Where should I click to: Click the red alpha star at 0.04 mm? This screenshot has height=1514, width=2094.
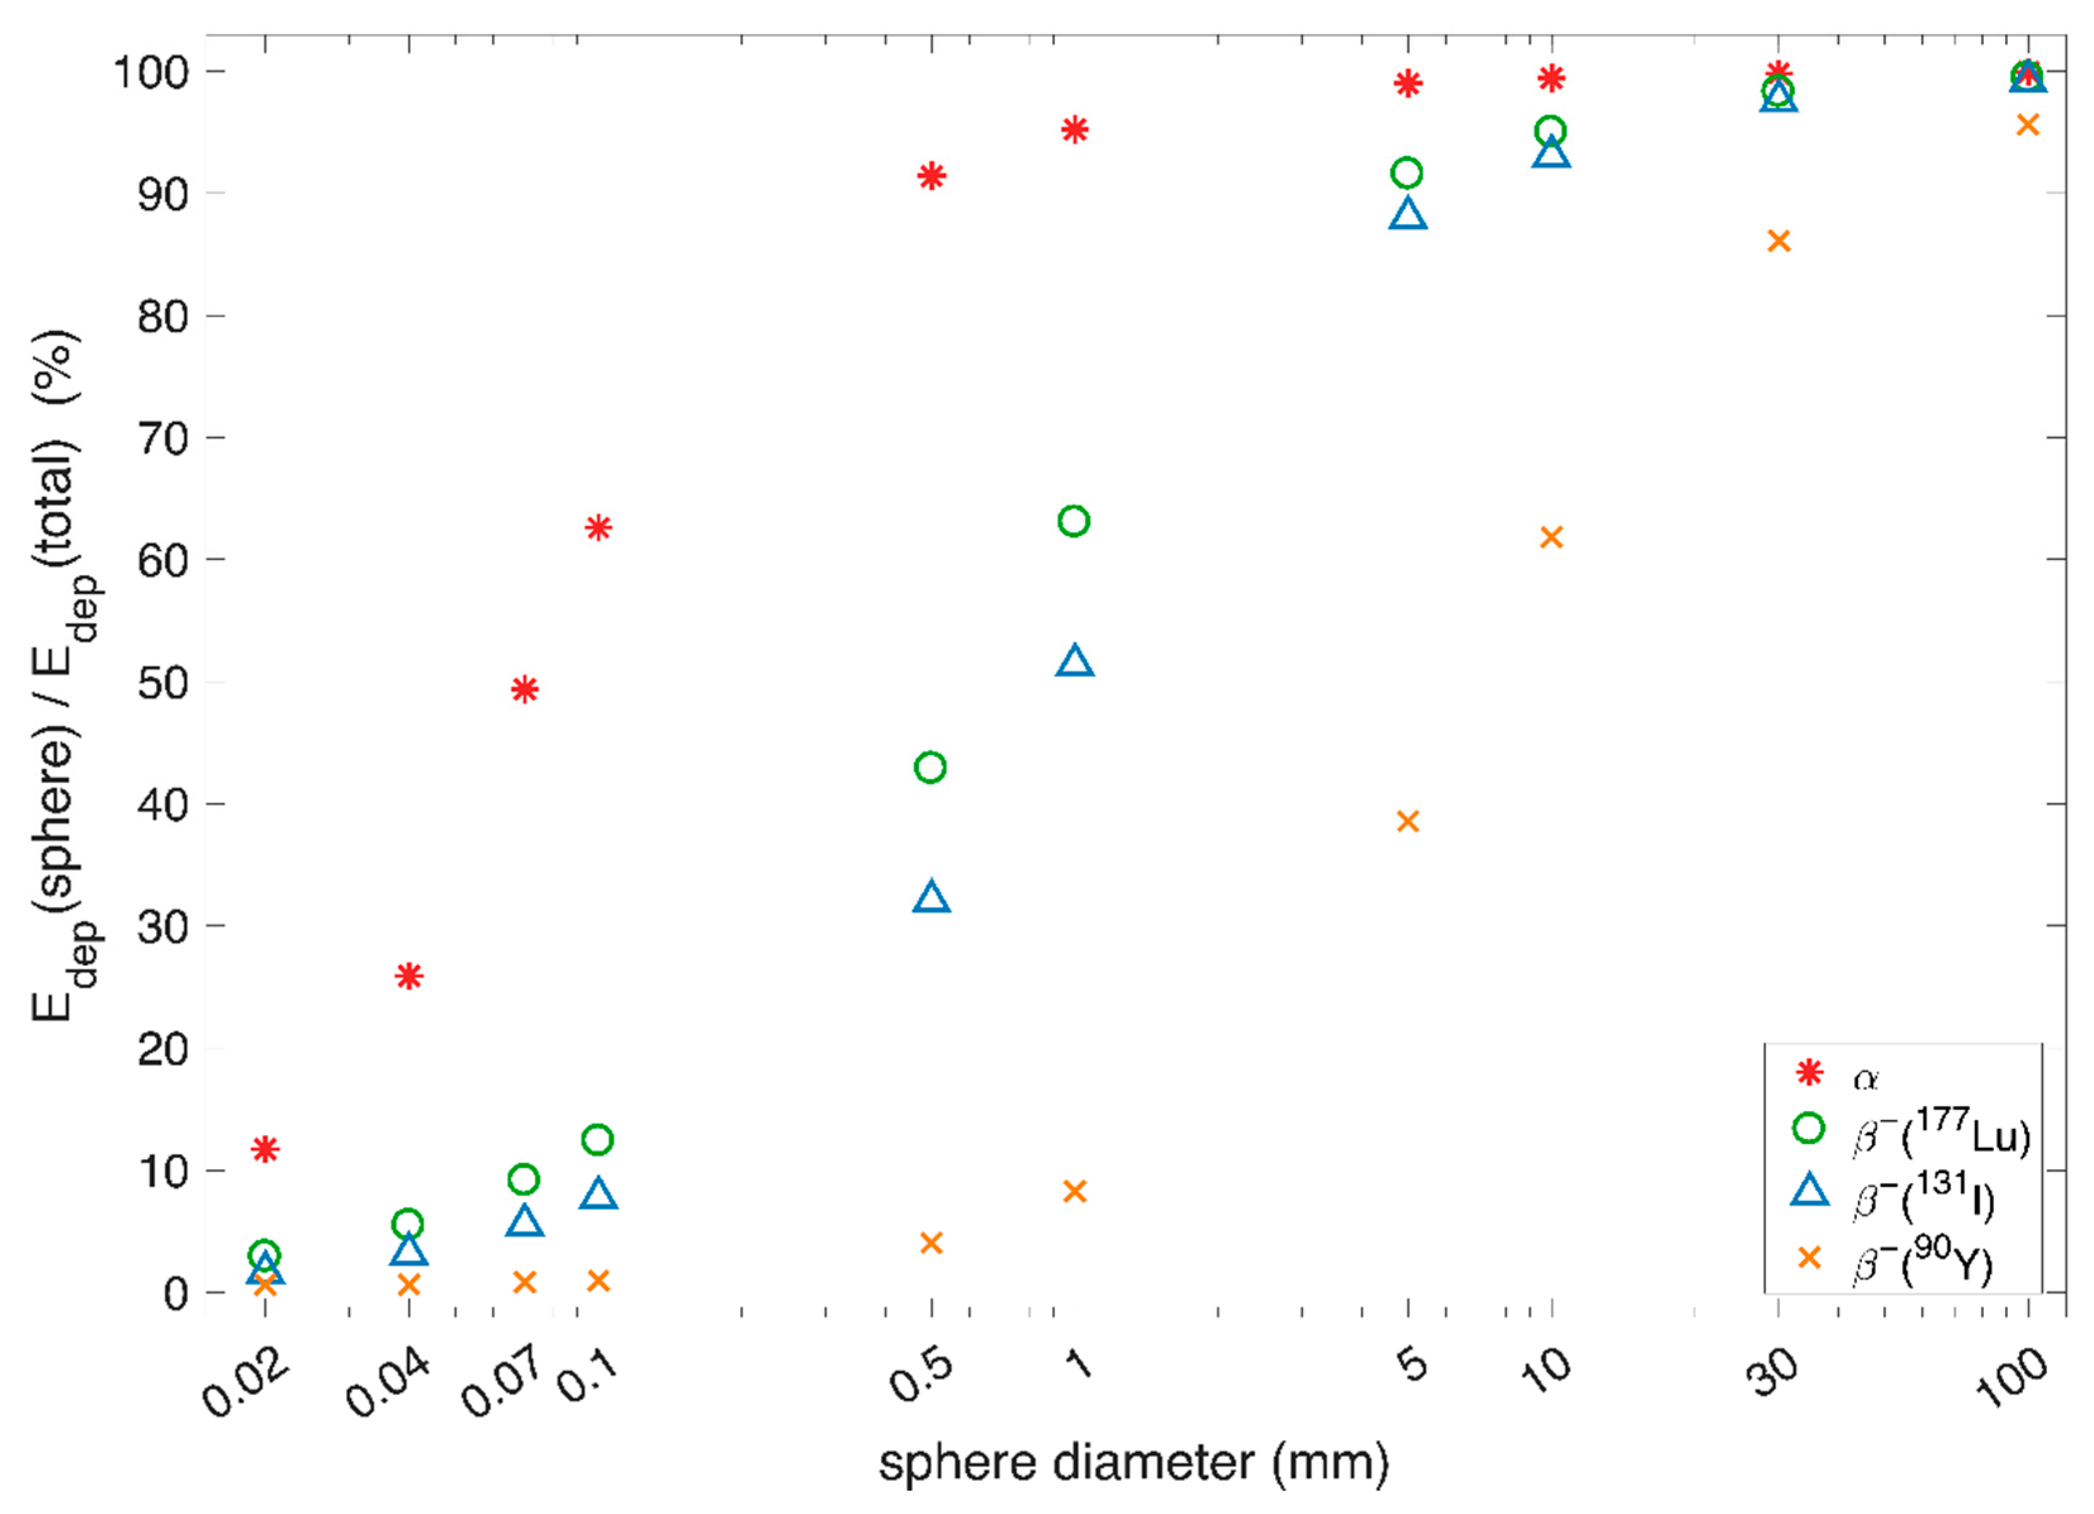409,976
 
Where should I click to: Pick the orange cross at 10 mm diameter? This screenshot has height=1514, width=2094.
1551,537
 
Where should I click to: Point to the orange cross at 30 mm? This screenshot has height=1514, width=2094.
1778,242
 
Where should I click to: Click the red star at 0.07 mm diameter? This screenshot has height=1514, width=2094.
524,690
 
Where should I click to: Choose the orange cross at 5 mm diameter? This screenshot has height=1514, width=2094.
1407,821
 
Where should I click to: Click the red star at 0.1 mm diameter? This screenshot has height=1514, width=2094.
598,528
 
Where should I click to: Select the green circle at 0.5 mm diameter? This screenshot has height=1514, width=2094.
930,767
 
